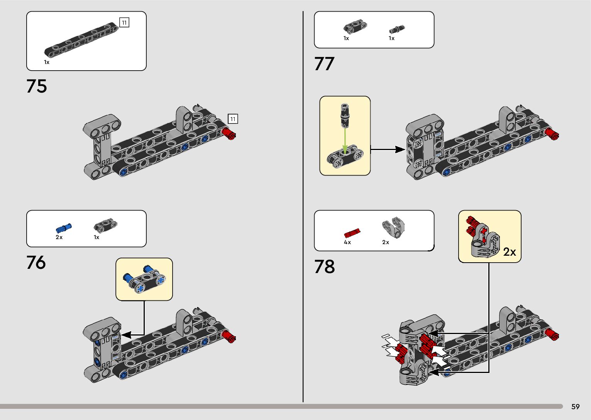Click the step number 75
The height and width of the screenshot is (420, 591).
pyautogui.click(x=37, y=86)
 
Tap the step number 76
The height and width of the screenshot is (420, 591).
pyautogui.click(x=36, y=263)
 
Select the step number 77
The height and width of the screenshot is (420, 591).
pyautogui.click(x=324, y=64)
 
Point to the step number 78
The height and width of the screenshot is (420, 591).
pyautogui.click(x=324, y=267)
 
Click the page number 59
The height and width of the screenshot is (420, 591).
pyautogui.click(x=575, y=407)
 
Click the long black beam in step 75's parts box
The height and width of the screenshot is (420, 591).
pyautogui.click(x=81, y=39)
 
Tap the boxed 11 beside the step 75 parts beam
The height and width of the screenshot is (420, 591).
pyautogui.click(x=124, y=23)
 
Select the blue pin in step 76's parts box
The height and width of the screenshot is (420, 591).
pyautogui.click(x=64, y=228)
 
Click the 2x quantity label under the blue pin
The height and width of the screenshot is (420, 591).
pyautogui.click(x=59, y=237)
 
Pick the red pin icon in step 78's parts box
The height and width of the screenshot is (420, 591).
pyautogui.click(x=352, y=233)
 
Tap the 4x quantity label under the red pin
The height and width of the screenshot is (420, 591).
pyautogui.click(x=347, y=242)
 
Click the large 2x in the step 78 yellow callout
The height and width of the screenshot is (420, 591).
pyautogui.click(x=510, y=252)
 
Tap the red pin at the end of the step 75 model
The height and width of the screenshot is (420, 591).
pyautogui.click(x=229, y=135)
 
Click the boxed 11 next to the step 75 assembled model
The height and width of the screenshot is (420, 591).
pyautogui.click(x=233, y=119)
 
